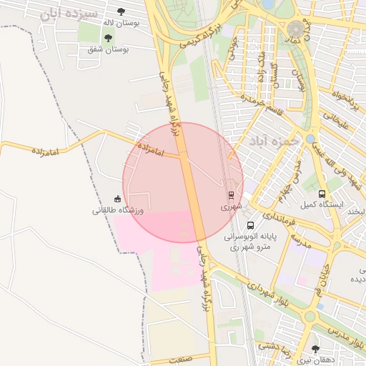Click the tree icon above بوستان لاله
[x=120, y=11]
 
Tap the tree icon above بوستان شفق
[x=108, y=38]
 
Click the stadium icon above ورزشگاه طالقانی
[x=117, y=199]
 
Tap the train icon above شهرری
[x=231, y=194]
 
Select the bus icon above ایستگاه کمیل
[x=322, y=194]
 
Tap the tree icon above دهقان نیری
[x=315, y=348]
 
